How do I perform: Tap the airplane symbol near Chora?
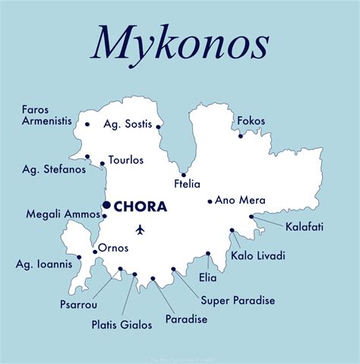click(x=140, y=228)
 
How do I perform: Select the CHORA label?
click(x=141, y=206)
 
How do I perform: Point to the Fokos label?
click(x=251, y=120)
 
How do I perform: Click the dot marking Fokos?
click(x=241, y=136)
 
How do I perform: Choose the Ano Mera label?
click(x=240, y=201)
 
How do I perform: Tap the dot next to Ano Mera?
click(x=210, y=201)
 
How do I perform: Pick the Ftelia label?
click(x=186, y=183)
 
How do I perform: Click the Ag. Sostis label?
click(x=128, y=124)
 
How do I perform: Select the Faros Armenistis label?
click(x=45, y=115)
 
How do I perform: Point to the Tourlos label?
click(x=126, y=160)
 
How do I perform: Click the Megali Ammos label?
click(x=63, y=214)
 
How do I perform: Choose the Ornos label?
click(x=113, y=248)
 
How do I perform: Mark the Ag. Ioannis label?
click(x=44, y=264)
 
